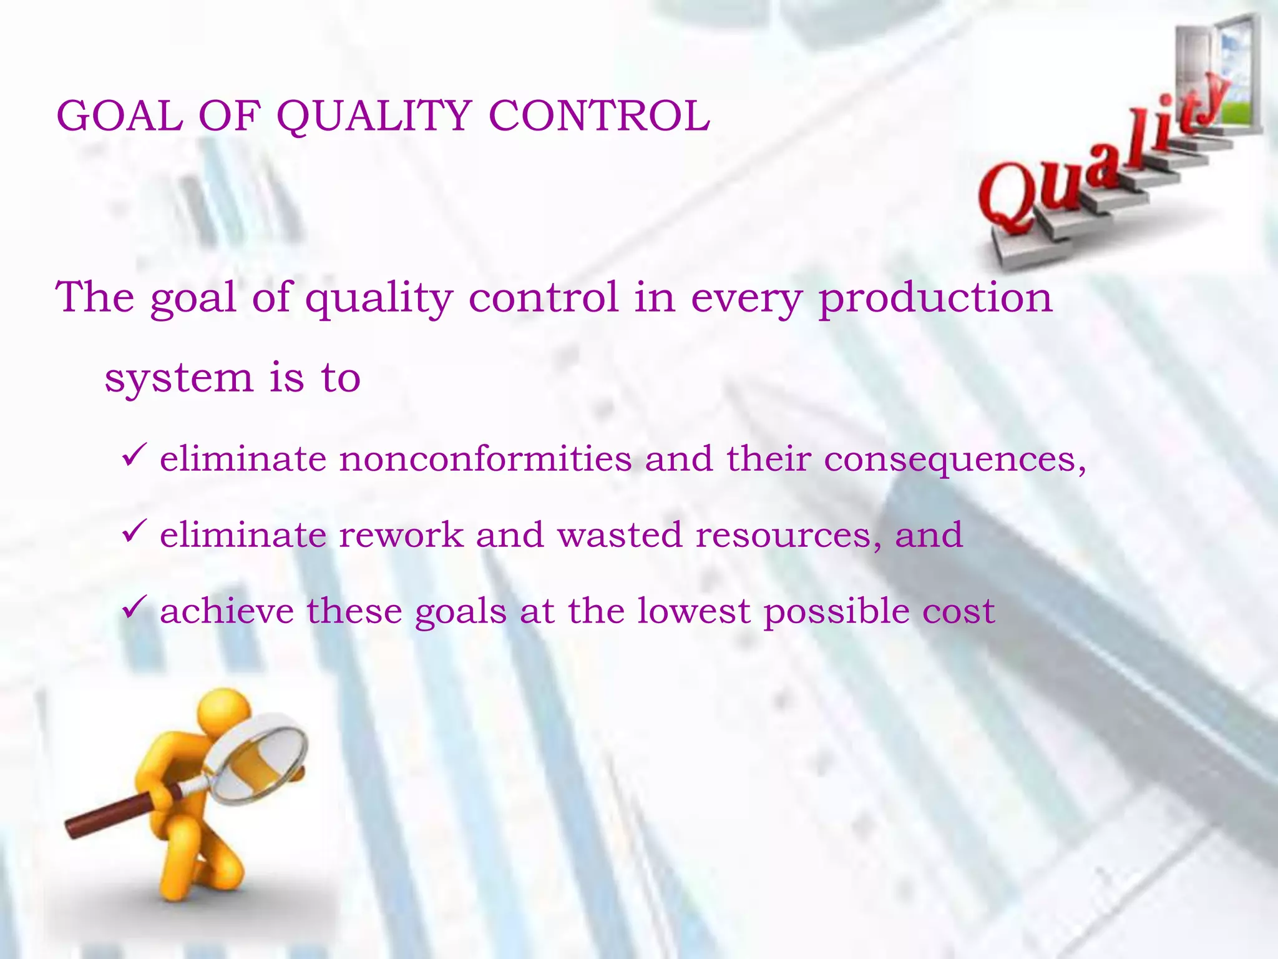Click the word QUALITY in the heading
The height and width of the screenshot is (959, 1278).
(373, 117)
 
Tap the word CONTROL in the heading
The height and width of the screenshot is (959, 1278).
(599, 117)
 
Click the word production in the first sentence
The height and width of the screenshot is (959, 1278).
(935, 298)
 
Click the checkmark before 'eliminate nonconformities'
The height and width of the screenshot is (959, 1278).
(134, 455)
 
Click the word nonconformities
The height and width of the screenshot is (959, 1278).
(485, 460)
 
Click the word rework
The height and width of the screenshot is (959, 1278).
(401, 536)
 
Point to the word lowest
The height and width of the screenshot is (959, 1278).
(693, 611)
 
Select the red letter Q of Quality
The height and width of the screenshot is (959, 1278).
(1008, 197)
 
